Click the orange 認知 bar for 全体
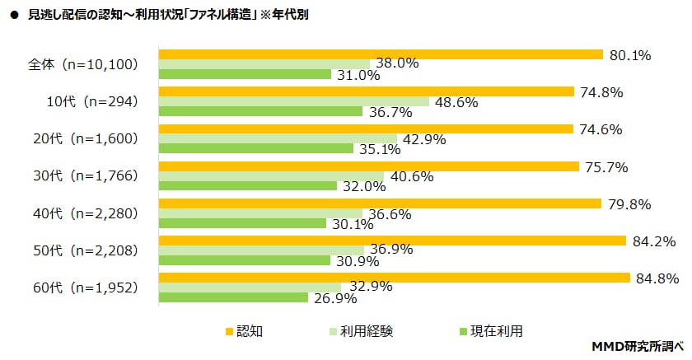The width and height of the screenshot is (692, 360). (x=381, y=54)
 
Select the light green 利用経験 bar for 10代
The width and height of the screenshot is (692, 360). (x=294, y=101)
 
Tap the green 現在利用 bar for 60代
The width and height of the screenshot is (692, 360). (x=233, y=297)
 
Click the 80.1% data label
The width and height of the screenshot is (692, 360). (x=630, y=55)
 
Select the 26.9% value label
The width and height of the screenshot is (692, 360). (x=336, y=299)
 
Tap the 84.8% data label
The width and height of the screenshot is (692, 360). (x=657, y=278)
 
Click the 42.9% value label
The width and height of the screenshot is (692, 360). (x=425, y=140)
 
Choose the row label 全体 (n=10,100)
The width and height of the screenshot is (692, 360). (x=82, y=64)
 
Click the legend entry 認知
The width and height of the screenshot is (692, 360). (x=244, y=331)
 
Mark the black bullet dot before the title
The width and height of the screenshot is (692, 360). (x=14, y=15)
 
